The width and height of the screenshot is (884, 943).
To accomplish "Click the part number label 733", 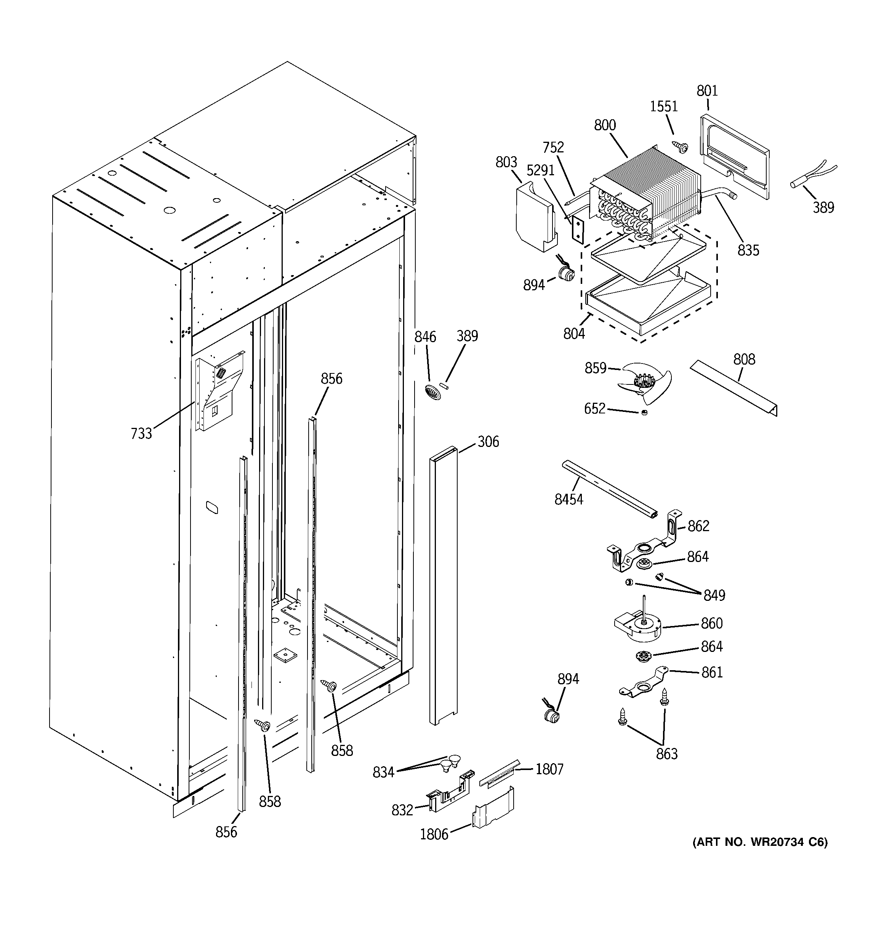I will pyautogui.click(x=141, y=433).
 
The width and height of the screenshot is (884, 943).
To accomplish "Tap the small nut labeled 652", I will pyautogui.click(x=644, y=412).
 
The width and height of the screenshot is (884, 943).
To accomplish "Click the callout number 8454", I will pyautogui.click(x=569, y=499).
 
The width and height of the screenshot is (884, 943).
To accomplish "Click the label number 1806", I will pyautogui.click(x=434, y=834).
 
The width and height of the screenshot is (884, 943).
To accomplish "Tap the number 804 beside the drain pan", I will pyautogui.click(x=574, y=334).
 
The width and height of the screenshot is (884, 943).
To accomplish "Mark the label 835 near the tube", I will pyautogui.click(x=748, y=250).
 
